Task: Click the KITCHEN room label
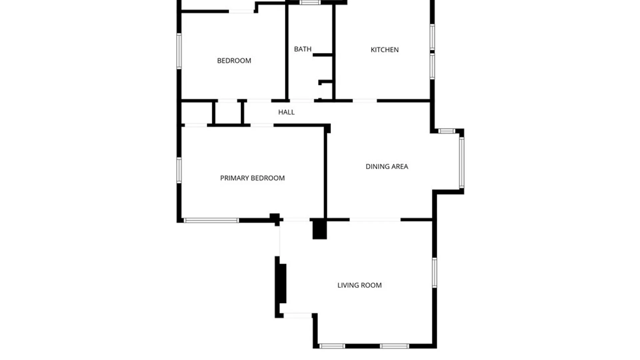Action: tap(384, 50)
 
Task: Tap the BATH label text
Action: tap(303, 49)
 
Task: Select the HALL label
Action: tap(286, 112)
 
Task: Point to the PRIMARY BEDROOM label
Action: tap(252, 178)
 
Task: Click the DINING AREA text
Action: tap(387, 166)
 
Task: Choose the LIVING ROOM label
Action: tap(359, 285)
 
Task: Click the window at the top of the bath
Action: tap(310, 2)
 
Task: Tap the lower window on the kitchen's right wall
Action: tap(432, 66)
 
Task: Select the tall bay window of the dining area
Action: tap(462, 163)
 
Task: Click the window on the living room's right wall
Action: tap(435, 272)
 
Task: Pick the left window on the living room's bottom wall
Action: tap(332, 346)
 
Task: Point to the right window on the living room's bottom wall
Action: tap(394, 346)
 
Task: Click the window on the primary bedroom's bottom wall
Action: tap(211, 220)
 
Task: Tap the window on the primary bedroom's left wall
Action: tap(179, 170)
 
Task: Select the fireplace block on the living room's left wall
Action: tap(282, 283)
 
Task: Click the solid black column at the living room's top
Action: tap(319, 229)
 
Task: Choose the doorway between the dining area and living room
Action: tap(375, 220)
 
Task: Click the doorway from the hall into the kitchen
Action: tap(365, 101)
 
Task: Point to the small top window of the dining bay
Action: tap(447, 131)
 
